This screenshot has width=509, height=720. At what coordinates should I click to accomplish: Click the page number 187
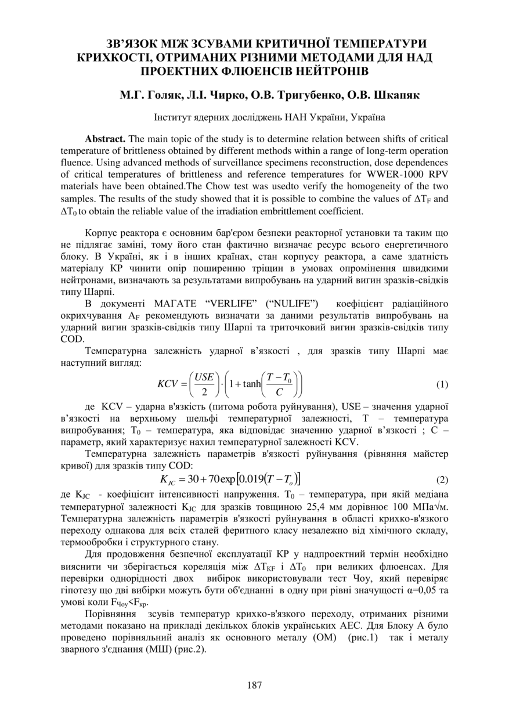tap(254, 685)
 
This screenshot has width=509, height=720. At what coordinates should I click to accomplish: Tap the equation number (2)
tap(442, 480)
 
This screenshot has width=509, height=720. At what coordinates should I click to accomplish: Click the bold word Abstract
tap(105, 139)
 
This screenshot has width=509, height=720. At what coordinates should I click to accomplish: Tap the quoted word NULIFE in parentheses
tap(297, 304)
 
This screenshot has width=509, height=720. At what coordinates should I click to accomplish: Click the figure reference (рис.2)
tap(189, 650)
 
